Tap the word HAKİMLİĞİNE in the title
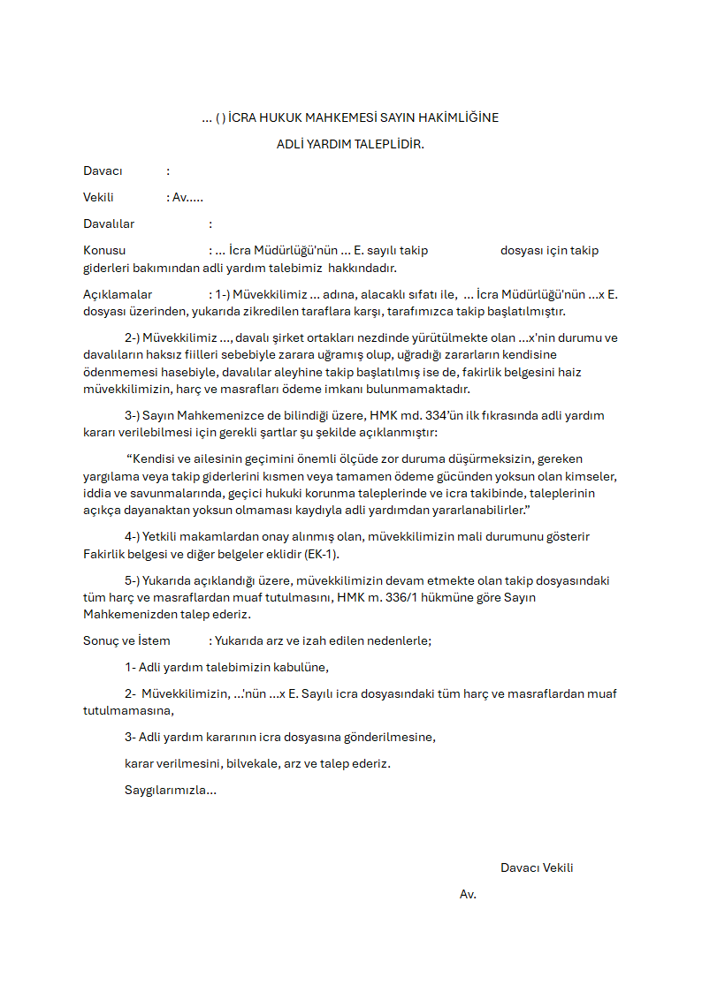point(460,117)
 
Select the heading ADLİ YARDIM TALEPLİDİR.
point(350,144)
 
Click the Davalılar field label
point(109,223)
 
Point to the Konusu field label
point(104,250)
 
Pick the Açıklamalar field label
point(118,294)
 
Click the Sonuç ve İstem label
point(126,640)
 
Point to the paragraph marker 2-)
point(133,337)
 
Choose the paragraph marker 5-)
point(133,580)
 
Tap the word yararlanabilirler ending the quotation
point(479,511)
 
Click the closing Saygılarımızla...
point(170,790)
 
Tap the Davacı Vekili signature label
point(537,867)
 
